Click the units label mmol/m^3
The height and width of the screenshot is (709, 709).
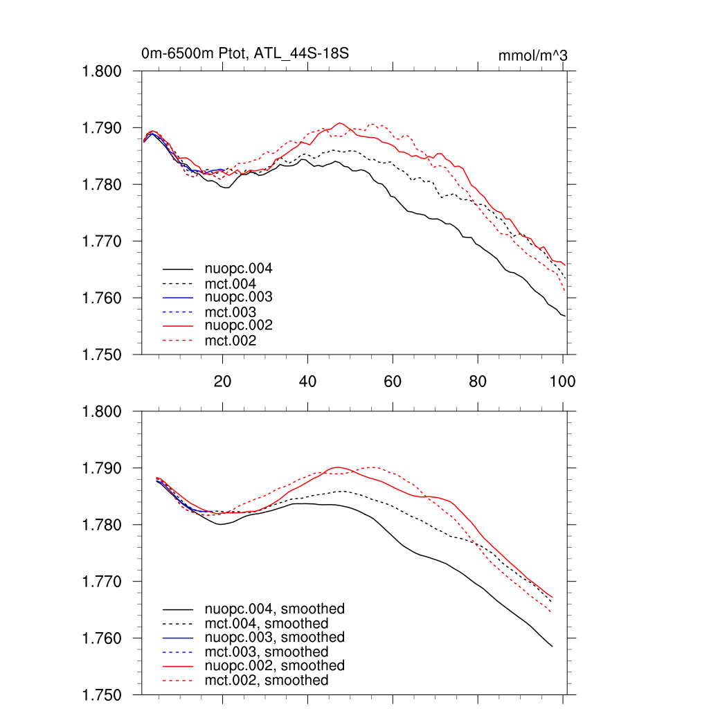pos(532,55)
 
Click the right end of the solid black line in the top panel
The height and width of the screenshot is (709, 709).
pos(565,316)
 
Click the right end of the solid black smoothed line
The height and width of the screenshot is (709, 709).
pos(553,647)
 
